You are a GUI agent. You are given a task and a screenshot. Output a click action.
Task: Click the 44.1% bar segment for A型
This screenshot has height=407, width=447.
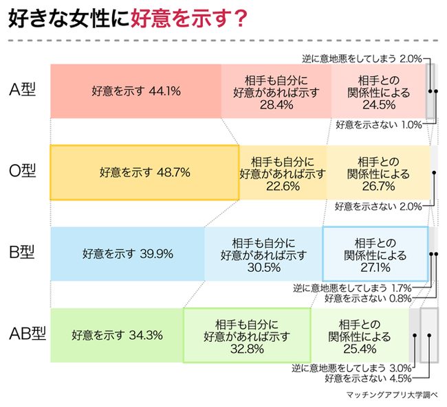(135, 91)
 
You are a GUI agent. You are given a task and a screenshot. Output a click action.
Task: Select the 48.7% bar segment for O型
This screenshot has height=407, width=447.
(144, 172)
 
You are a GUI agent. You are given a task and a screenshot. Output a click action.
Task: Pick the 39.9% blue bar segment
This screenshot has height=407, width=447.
(127, 253)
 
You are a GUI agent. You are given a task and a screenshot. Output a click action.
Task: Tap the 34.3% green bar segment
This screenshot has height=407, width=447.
(117, 336)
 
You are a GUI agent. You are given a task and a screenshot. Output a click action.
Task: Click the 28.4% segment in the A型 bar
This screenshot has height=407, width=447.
(276, 91)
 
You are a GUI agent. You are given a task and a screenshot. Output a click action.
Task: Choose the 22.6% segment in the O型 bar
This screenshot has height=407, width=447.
(282, 172)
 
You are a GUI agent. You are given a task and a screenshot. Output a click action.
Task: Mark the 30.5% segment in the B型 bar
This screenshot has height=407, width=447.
(263, 253)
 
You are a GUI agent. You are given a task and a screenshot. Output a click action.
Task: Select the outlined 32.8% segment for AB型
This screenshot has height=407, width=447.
(247, 336)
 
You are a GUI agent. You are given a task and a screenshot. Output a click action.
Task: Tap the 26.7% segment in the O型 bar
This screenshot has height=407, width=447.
(378, 172)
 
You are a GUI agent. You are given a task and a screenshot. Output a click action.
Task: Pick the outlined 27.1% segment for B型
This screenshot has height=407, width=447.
(375, 253)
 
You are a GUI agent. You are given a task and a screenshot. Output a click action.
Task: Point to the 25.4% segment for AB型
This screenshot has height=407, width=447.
(360, 336)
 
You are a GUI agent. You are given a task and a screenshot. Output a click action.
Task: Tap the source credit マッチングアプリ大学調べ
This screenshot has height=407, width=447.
(393, 396)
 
